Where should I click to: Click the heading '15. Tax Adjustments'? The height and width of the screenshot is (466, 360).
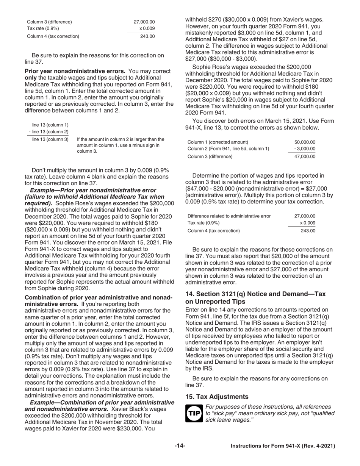[217, 397]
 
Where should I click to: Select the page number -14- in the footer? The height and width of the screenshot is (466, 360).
[180, 446]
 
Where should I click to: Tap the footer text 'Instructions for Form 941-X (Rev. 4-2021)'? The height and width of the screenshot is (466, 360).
[283, 446]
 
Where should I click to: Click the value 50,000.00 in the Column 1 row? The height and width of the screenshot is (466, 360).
[305, 142]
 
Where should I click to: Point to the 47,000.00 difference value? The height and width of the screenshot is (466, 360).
[305, 156]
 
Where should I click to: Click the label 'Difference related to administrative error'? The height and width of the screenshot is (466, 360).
[229, 216]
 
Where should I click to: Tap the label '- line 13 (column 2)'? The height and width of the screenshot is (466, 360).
[49, 132]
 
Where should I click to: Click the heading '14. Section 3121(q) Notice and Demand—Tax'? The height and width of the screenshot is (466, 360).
[255, 294]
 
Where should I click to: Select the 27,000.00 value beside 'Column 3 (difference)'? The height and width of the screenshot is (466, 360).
[144, 22]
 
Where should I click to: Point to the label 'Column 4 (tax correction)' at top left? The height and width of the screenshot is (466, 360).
[53, 36]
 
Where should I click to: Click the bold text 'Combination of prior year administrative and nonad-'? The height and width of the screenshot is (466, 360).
[99, 298]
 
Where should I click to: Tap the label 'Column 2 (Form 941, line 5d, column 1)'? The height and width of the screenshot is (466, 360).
[228, 149]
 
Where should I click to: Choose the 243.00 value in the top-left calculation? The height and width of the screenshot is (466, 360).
[148, 36]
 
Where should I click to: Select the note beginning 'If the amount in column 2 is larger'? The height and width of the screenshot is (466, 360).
[121, 145]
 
